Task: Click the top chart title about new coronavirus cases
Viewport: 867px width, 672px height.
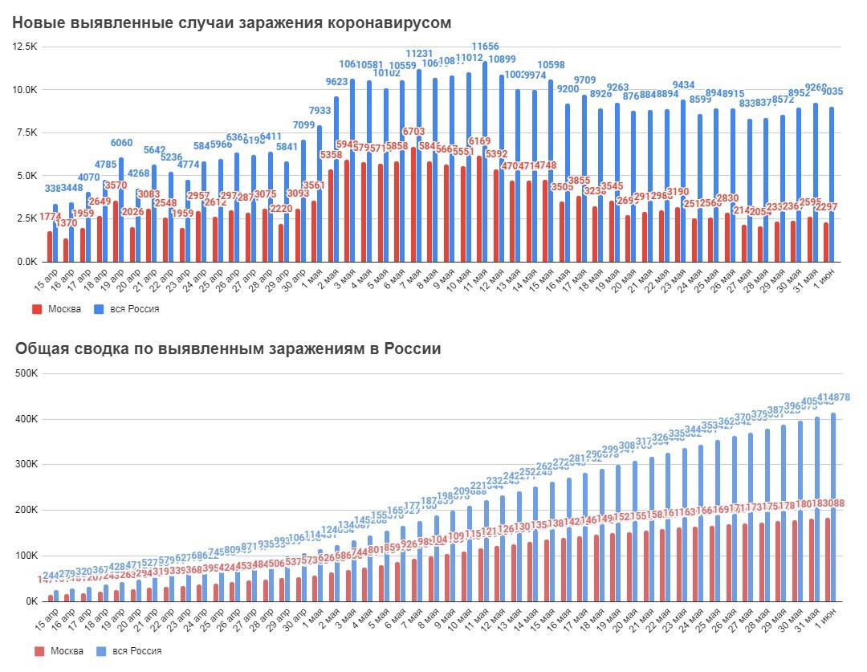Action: point(231,22)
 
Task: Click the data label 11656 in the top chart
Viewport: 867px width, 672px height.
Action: point(485,47)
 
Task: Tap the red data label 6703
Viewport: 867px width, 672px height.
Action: point(413,131)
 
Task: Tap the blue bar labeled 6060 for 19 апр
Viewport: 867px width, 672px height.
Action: point(122,210)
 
